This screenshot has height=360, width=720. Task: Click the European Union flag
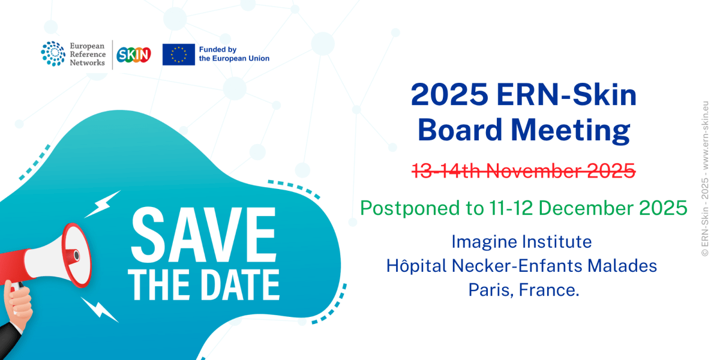pos(178,55)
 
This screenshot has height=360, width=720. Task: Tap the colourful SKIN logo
pos(133,55)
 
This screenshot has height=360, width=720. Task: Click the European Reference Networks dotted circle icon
pos(53,53)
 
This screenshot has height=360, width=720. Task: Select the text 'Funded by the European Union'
pos(234,54)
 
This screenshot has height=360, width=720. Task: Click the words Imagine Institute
pos(521,242)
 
